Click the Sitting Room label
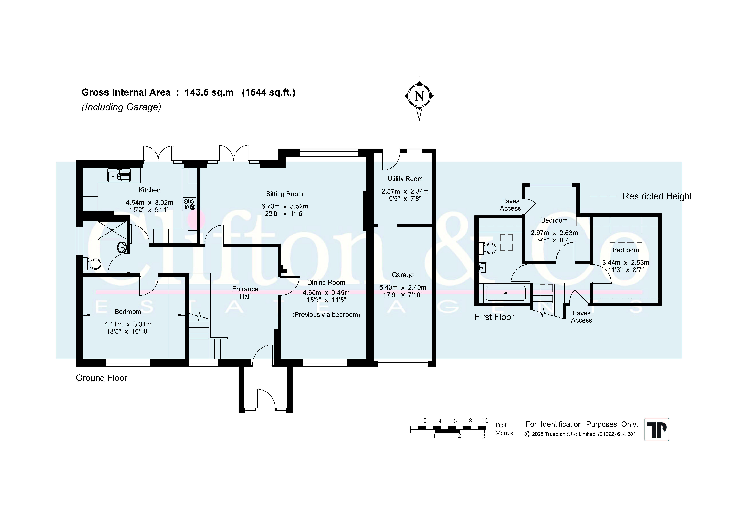click(285, 194)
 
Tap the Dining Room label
click(326, 283)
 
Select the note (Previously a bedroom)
click(326, 315)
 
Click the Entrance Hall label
click(245, 293)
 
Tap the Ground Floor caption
click(101, 378)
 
